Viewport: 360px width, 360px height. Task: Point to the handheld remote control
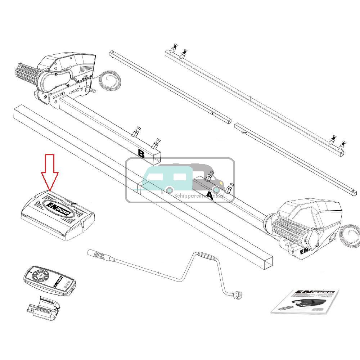tap(49, 281)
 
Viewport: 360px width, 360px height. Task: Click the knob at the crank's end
tap(238, 296)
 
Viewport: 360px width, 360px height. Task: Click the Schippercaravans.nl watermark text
tap(204, 196)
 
